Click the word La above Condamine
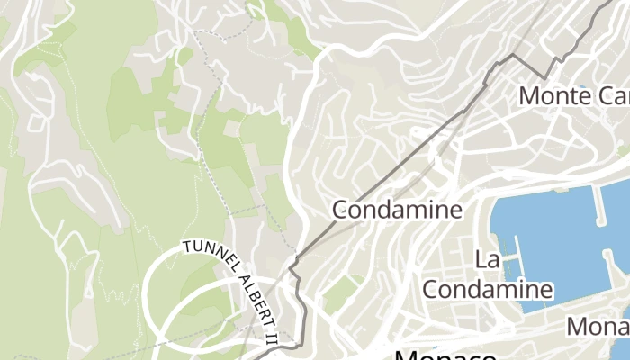click(487, 260)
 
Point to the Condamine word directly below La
click(487, 289)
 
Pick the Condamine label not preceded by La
click(397, 210)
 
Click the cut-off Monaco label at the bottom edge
click(445, 355)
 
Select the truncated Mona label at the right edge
click(598, 326)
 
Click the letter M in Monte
click(529, 94)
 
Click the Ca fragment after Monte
click(611, 94)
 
